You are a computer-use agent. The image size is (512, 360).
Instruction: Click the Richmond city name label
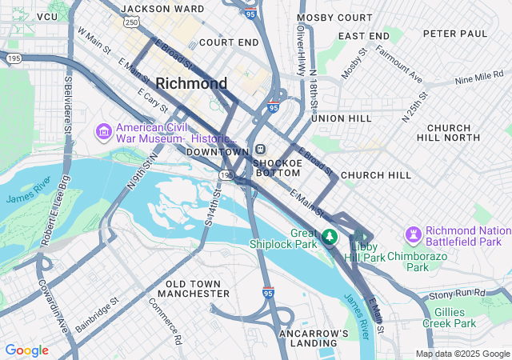coord(191,83)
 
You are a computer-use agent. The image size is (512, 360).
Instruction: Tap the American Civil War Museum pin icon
coord(103,130)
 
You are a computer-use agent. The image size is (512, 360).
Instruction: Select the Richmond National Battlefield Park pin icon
coord(413,234)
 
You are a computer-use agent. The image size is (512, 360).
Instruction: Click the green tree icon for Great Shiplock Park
coord(329,237)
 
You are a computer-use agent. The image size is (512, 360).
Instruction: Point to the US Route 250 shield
coord(130,23)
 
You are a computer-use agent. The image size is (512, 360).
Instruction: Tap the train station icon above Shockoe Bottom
coord(261,150)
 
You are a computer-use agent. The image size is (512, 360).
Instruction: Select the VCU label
coord(47,16)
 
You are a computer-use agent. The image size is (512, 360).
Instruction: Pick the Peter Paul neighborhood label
coord(454,34)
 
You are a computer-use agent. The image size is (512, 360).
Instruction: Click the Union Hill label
coord(342,118)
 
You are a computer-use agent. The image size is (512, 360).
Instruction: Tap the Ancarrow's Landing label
coord(314,338)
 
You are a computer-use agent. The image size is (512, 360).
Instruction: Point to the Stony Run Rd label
coord(458,295)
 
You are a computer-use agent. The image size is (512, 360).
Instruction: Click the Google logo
coord(26,350)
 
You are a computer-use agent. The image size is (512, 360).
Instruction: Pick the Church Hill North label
coord(460,133)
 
